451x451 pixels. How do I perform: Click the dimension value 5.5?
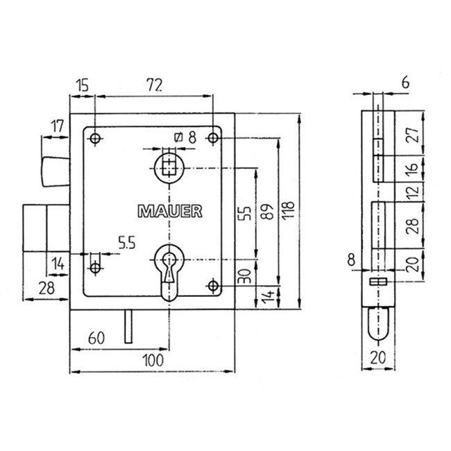126,244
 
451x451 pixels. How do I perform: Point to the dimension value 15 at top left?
82,85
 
